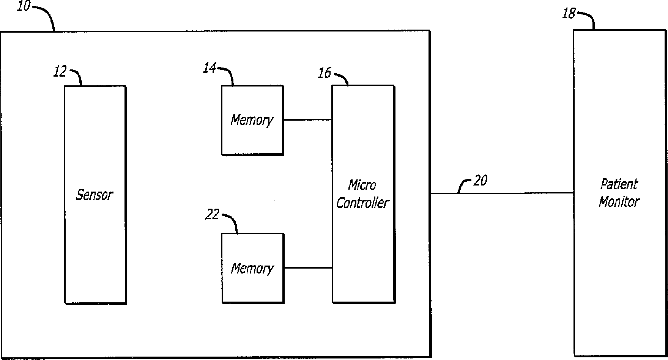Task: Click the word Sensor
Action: pos(95,195)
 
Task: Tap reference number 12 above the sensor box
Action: pos(60,71)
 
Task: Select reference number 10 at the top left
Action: pos(23,6)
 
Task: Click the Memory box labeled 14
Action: pos(252,120)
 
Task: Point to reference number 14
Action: pos(210,68)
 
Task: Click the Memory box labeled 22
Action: pos(253,268)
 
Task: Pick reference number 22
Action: pos(212,215)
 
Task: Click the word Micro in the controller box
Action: pos(362,185)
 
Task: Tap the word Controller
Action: pos(362,203)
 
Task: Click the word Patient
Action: pos(619,184)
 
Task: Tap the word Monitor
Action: pos(619,202)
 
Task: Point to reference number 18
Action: pos(569,14)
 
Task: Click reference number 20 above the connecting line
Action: pos(480,181)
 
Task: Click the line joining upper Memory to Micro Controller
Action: pos(308,120)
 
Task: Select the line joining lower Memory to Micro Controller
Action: pos(308,268)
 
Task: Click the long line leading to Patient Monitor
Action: pos(502,193)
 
